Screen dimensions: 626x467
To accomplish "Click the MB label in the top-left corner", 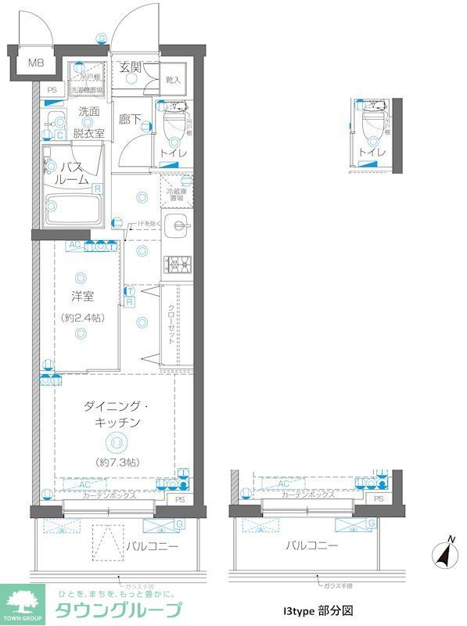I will [x=36, y=63].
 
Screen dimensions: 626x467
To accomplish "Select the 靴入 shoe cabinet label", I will [x=173, y=80].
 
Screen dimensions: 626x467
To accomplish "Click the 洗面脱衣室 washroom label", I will [x=88, y=123].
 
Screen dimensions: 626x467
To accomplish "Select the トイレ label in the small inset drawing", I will [x=372, y=152].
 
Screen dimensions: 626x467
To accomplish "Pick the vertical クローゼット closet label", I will [x=171, y=325].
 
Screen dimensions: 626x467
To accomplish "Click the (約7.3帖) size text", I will [x=116, y=462].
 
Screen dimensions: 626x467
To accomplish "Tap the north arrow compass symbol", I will [x=444, y=554].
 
